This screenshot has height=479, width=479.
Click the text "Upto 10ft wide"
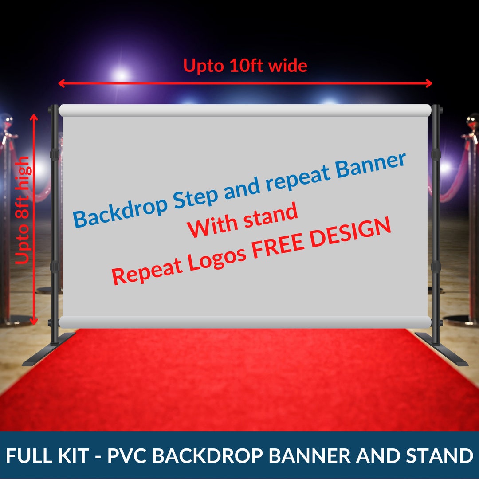(x=245, y=66)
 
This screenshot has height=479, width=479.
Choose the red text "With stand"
(x=242, y=221)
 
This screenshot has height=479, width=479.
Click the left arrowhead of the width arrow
(x=61, y=83)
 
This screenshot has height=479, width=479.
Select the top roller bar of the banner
(x=245, y=110)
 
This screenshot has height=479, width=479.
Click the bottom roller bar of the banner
(x=245, y=322)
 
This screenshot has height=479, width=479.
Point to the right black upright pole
(x=436, y=222)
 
